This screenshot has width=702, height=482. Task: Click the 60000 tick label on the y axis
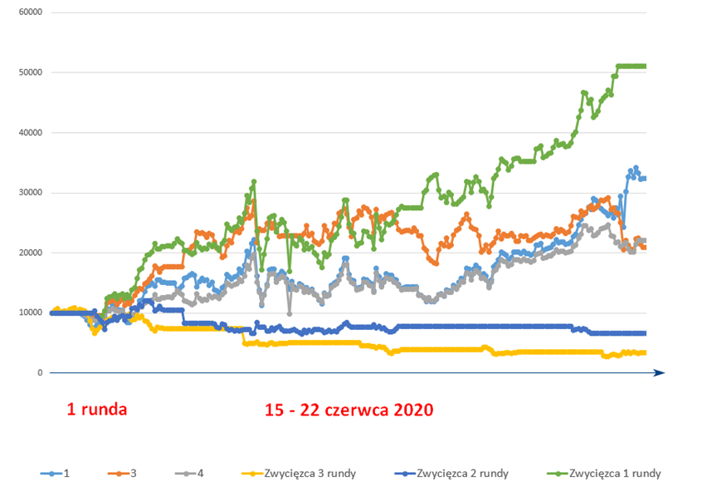(x=29, y=13)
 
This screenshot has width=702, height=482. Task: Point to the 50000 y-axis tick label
(x=29, y=73)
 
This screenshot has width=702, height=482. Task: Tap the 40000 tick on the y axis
(x=29, y=133)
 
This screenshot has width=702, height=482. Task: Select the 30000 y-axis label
(x=29, y=193)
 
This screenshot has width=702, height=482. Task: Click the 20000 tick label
(x=29, y=253)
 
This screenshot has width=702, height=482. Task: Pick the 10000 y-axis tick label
(x=29, y=313)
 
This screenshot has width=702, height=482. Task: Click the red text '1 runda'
(x=97, y=410)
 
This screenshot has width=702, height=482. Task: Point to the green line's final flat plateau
(x=631, y=66)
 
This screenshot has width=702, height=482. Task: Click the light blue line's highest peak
(x=636, y=168)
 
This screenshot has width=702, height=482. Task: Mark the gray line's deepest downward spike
(x=289, y=313)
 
